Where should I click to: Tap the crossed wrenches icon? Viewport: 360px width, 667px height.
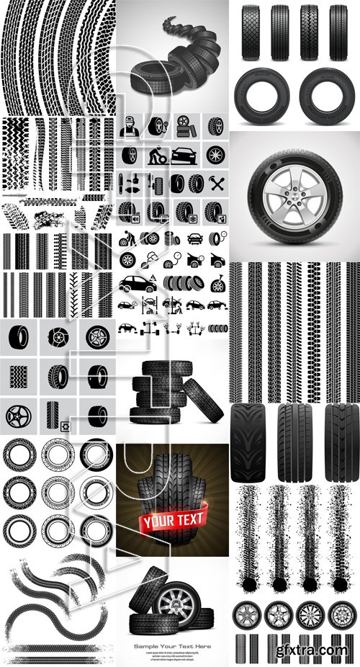(214, 183)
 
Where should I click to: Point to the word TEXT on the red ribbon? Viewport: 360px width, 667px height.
(187, 518)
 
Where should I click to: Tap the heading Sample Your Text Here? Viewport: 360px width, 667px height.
(172, 646)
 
